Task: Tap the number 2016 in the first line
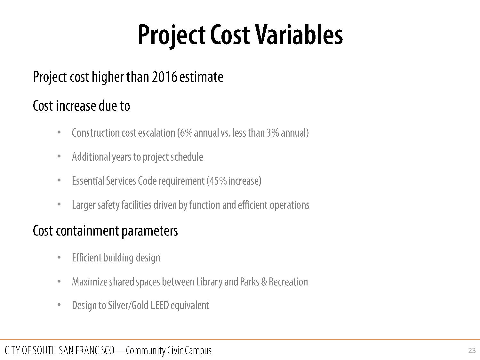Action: [x=164, y=77]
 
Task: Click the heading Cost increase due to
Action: [x=81, y=106]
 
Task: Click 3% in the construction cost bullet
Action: [x=273, y=133]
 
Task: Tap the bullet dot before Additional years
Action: [x=59, y=156]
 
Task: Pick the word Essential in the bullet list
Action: [x=88, y=181]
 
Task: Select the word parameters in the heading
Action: [x=149, y=231]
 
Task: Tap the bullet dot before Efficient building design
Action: [x=59, y=258]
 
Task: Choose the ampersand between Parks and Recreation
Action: [x=264, y=282]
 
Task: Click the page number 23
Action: [x=472, y=351]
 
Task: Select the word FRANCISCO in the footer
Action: [x=95, y=350]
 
